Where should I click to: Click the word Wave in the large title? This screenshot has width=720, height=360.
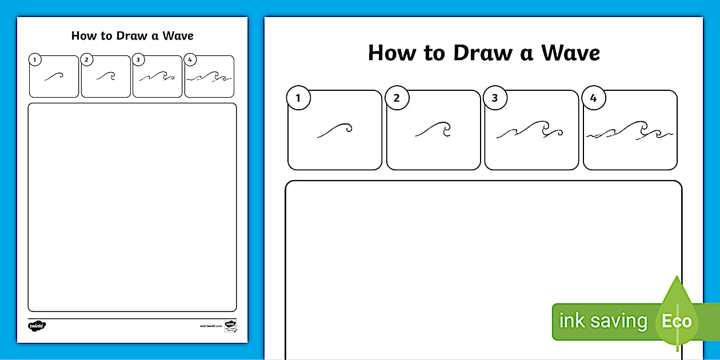(571, 53)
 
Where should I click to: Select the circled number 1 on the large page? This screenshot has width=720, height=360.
(298, 98)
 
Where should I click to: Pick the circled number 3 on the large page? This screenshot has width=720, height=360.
(495, 98)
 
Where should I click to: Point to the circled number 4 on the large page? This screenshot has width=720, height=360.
(593, 98)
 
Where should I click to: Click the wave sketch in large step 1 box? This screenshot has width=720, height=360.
(335, 130)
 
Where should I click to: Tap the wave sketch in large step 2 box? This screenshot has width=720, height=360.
(433, 130)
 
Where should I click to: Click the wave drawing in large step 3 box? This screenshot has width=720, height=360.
(530, 131)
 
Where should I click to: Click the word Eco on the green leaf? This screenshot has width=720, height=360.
(677, 321)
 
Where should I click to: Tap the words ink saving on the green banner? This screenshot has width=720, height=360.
(603, 321)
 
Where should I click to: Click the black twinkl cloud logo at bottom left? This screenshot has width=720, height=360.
(37, 326)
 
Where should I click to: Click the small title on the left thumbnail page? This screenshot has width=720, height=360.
(132, 35)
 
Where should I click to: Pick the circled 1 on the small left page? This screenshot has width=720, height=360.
(35, 59)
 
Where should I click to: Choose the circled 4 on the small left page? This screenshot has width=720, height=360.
(190, 59)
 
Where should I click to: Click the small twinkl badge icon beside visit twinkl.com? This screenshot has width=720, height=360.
(230, 325)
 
